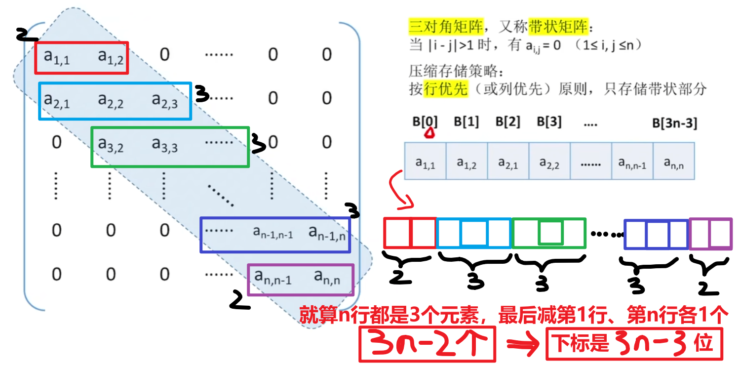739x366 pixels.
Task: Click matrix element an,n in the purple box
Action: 327,279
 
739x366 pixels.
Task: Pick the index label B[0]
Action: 425,122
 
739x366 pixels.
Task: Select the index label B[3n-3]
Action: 674,123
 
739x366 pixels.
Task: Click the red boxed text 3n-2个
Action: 428,344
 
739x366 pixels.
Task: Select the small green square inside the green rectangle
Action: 550,233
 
